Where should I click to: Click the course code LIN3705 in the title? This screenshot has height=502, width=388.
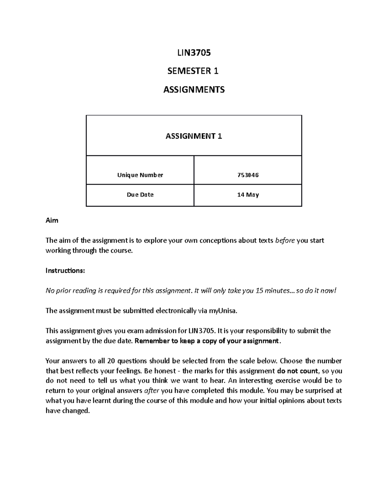pyautogui.click(x=194, y=53)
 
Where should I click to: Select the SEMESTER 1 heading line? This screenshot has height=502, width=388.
pyautogui.click(x=193, y=71)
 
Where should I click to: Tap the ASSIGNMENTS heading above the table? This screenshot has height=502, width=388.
pyautogui.click(x=194, y=90)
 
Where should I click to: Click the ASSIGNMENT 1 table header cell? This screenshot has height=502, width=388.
pyautogui.click(x=194, y=136)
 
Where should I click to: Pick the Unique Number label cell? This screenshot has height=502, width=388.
pyautogui.click(x=140, y=175)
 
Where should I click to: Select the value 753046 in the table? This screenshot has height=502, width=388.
pyautogui.click(x=248, y=175)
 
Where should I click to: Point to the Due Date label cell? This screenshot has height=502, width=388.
pyautogui.click(x=140, y=195)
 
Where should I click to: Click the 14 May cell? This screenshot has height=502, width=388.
pyautogui.click(x=248, y=195)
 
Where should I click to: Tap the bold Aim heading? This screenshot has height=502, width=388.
pyautogui.click(x=52, y=220)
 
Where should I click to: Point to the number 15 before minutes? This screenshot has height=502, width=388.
pyautogui.click(x=259, y=291)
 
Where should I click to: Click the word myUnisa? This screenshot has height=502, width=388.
pyautogui.click(x=223, y=311)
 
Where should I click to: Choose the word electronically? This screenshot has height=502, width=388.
pyautogui.click(x=176, y=311)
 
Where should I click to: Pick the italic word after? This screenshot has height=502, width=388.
pyautogui.click(x=151, y=391)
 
